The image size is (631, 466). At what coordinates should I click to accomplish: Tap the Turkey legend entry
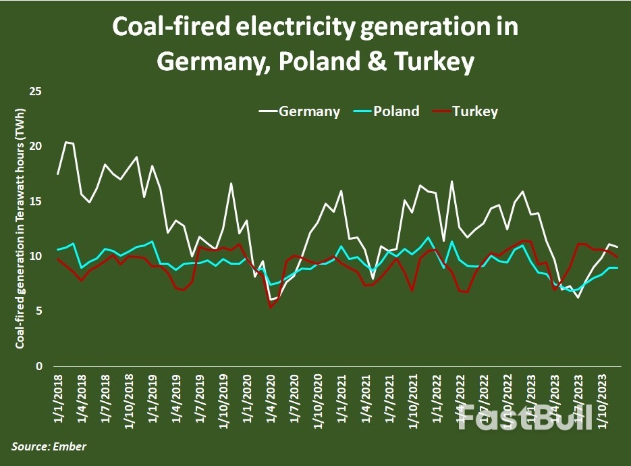475,111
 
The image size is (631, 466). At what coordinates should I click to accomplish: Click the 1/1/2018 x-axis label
57,402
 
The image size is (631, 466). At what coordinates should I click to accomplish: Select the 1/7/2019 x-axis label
200,402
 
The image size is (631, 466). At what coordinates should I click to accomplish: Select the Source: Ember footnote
49,446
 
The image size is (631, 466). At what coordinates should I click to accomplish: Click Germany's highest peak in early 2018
65,142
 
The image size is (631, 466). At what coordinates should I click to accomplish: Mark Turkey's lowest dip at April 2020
271,307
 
